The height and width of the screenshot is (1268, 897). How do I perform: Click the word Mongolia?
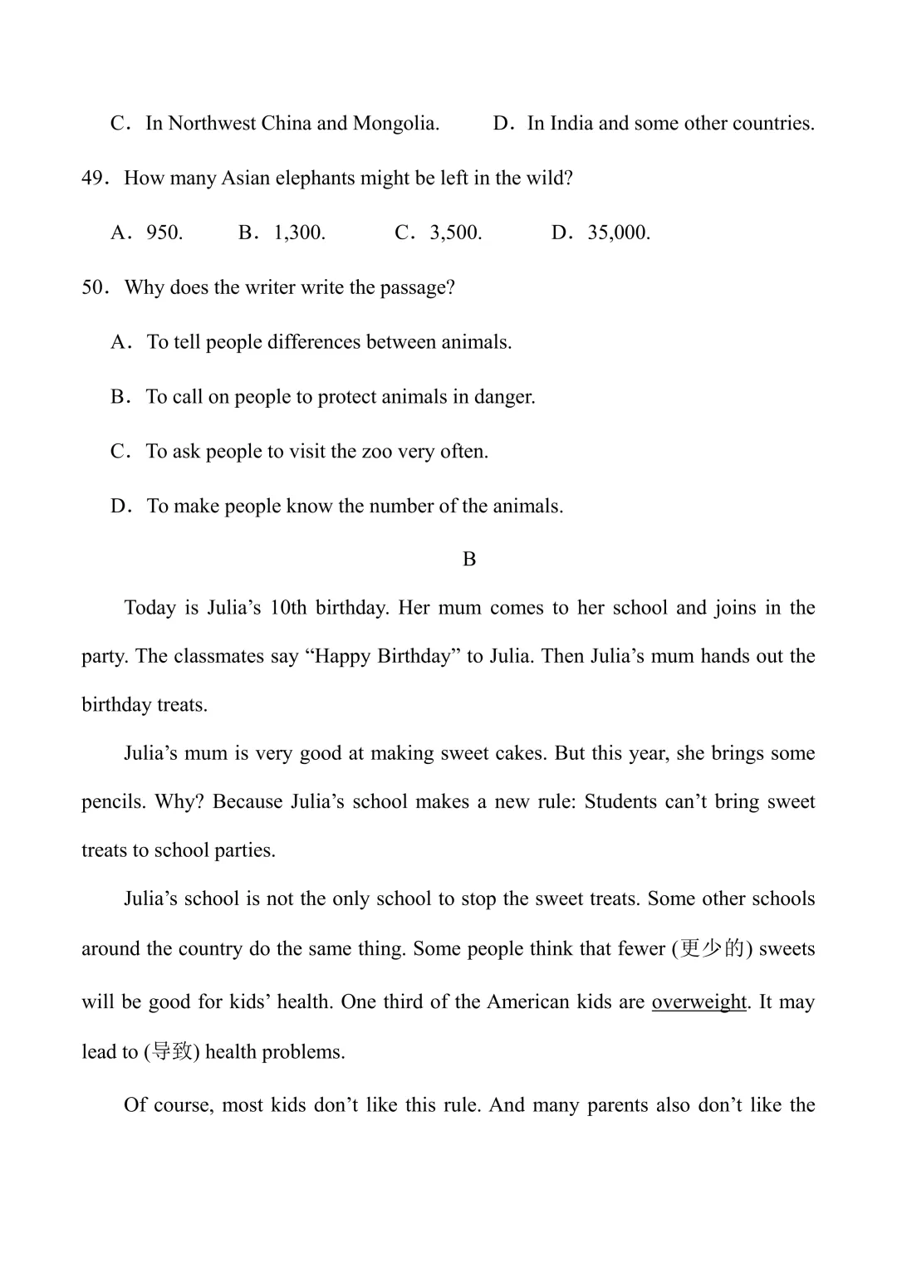point(395,124)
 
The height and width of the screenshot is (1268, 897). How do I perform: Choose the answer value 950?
point(164,233)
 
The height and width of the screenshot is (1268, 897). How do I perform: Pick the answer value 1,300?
point(299,233)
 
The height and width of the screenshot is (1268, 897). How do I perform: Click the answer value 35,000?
point(618,233)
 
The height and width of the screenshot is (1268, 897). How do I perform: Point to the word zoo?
point(376,452)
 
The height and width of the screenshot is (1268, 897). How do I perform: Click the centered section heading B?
point(469,560)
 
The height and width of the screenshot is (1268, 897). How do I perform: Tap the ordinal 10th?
point(288,608)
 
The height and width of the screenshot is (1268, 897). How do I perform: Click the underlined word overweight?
point(698,1002)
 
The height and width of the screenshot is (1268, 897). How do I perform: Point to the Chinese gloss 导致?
point(172,1052)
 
